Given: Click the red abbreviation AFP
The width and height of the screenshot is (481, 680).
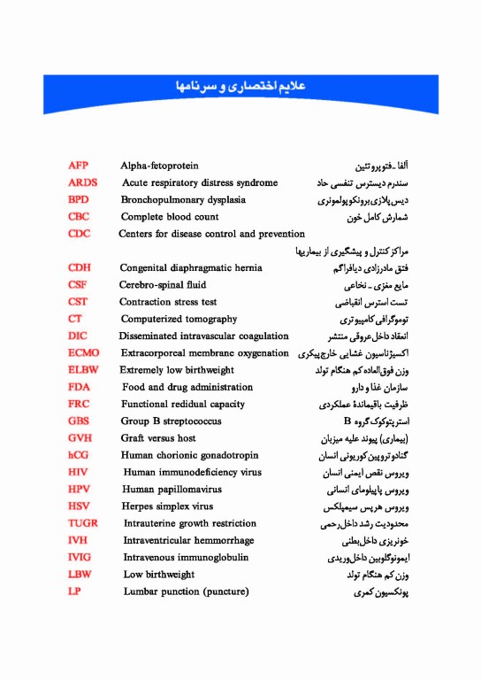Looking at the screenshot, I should (x=78, y=166).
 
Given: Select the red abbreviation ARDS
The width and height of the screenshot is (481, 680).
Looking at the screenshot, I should (x=82, y=182).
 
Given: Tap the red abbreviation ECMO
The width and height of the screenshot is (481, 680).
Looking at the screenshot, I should (x=84, y=353).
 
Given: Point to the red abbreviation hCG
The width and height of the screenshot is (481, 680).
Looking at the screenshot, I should (x=78, y=455).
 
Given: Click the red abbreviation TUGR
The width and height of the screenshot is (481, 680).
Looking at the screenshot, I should (x=83, y=523).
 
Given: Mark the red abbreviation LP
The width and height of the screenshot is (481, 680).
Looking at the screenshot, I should (x=74, y=591).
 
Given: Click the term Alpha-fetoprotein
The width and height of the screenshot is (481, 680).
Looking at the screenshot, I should (x=159, y=166).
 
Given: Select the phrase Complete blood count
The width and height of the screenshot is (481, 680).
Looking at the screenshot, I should (x=170, y=217).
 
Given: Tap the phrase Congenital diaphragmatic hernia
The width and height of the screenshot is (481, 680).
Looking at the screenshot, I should (x=191, y=267).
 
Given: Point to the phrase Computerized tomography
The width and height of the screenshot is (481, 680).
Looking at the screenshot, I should (x=179, y=319).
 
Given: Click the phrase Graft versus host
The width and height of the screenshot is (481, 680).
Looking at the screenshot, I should (x=158, y=438).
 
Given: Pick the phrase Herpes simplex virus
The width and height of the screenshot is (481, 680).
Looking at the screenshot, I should (x=168, y=506).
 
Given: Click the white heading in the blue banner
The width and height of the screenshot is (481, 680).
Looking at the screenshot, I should (x=240, y=89).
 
